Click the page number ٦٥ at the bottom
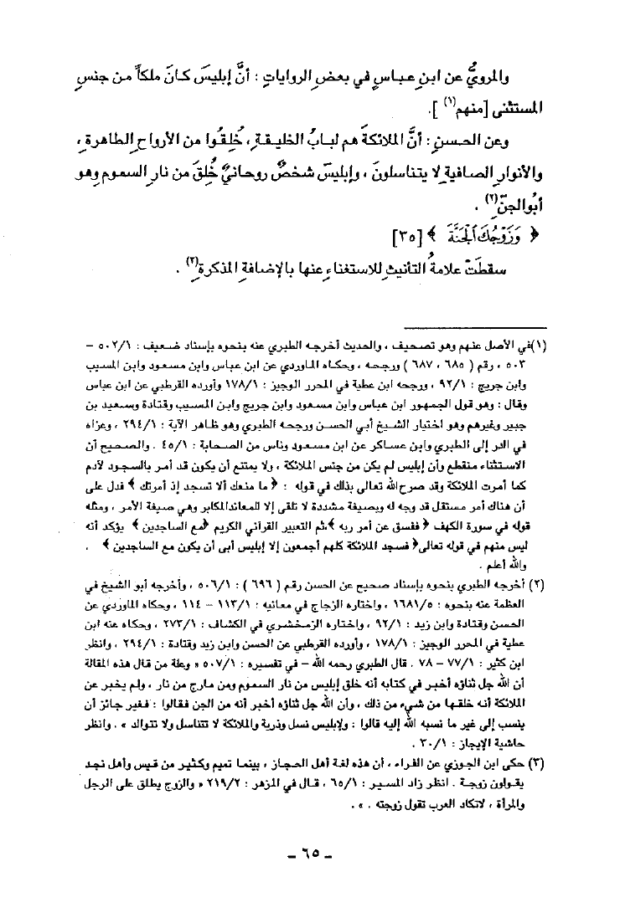point(312,881)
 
